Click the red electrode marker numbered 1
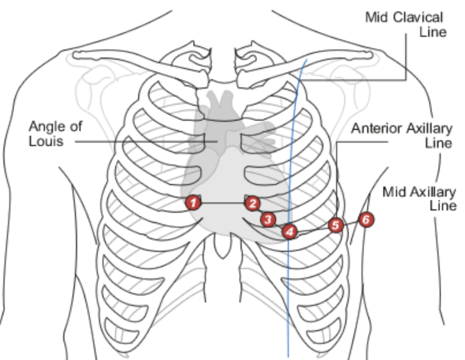click(x=193, y=202)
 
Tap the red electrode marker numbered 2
click(x=251, y=202)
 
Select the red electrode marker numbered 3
click(x=267, y=219)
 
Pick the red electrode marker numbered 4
click(x=289, y=231)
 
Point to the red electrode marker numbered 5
click(x=336, y=225)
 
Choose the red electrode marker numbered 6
click(x=366, y=219)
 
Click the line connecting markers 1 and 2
click(x=222, y=203)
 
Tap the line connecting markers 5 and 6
click(x=351, y=222)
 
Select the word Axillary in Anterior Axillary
click(x=426, y=128)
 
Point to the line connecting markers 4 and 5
click(x=313, y=229)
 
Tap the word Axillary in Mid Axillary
click(x=430, y=192)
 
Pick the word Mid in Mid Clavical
click(x=376, y=17)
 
